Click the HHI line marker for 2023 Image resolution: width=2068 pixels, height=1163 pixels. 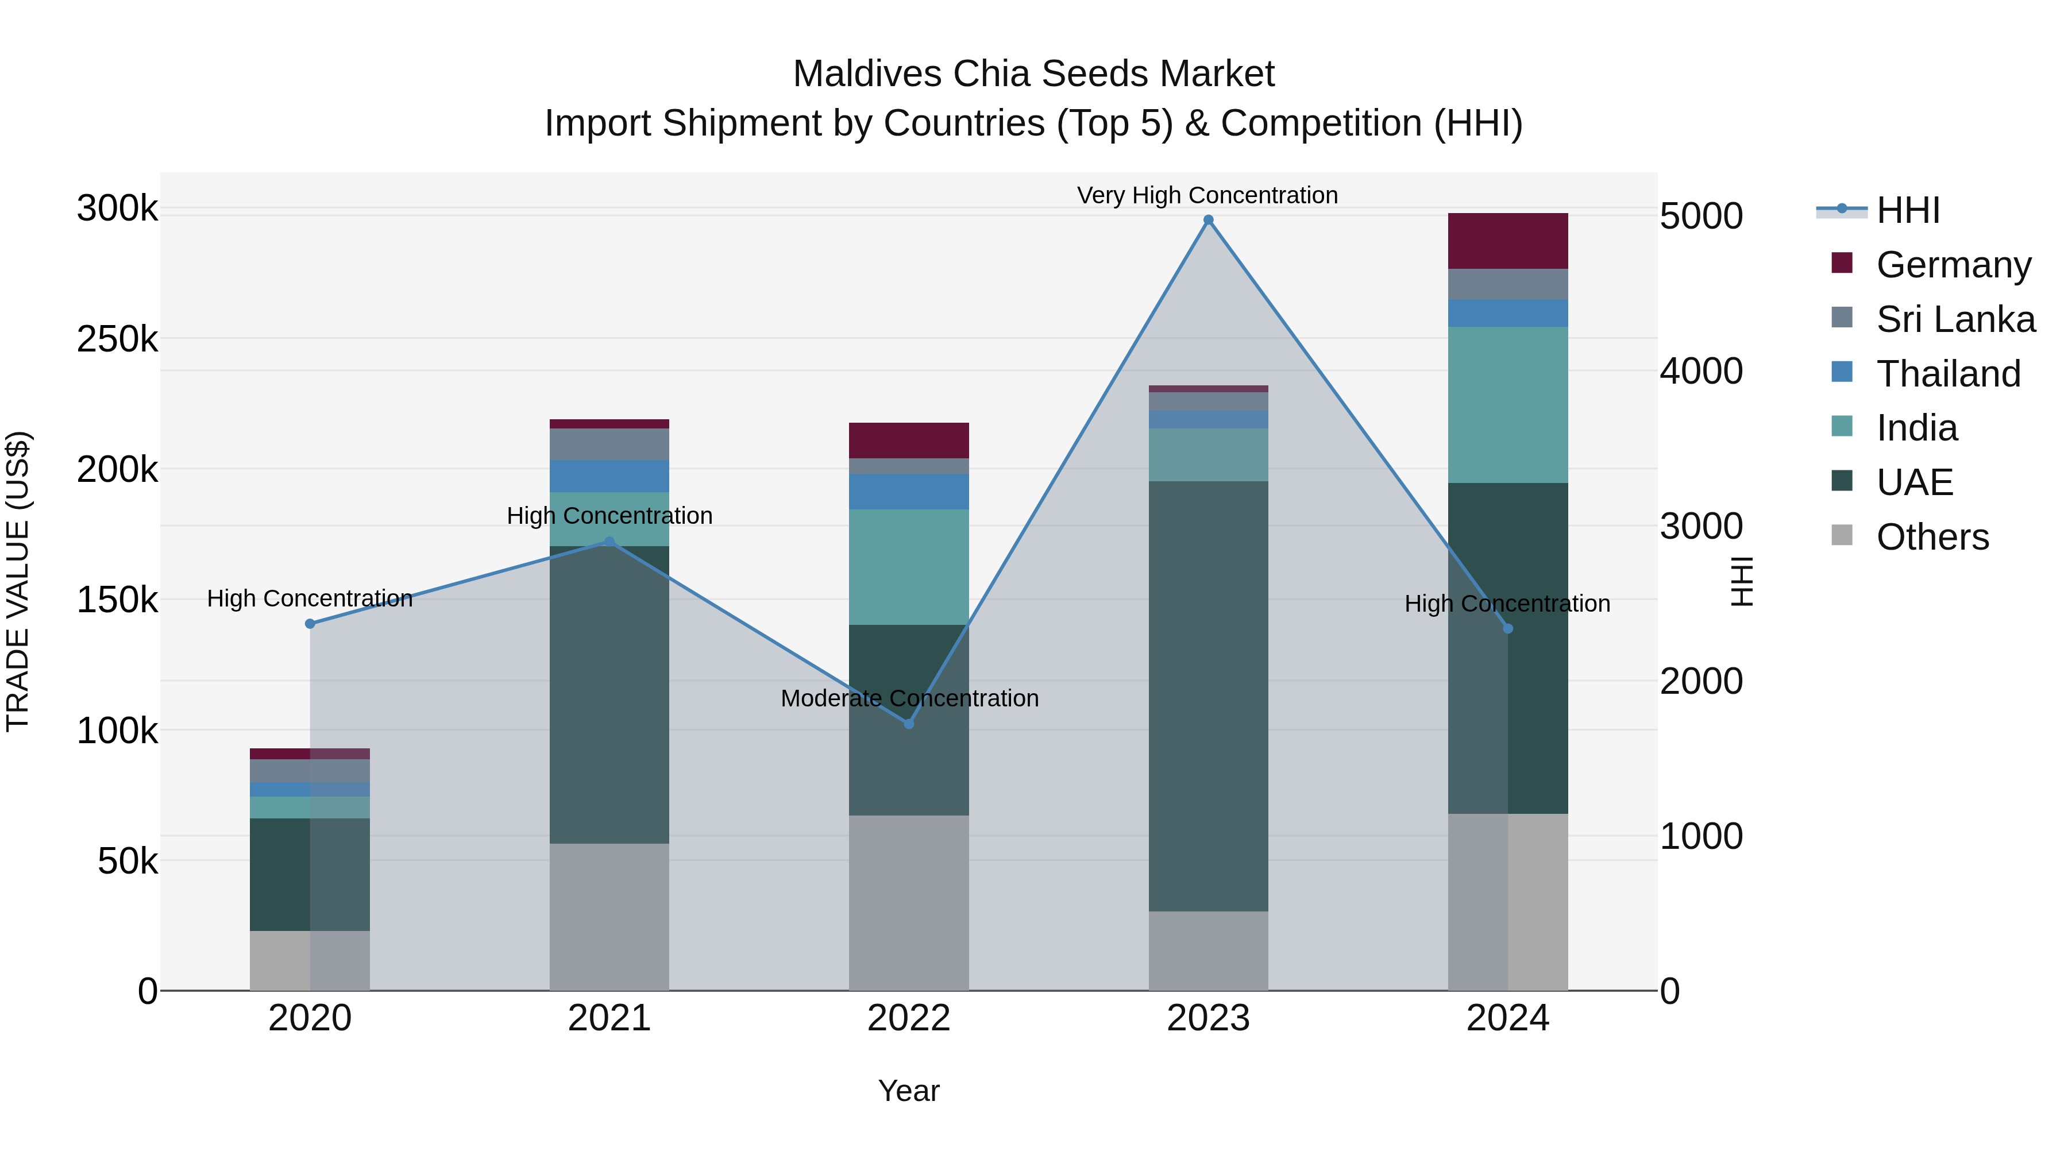coord(1208,220)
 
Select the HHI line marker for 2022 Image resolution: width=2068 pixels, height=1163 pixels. coord(909,724)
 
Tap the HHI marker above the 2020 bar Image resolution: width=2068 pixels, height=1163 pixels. coord(310,624)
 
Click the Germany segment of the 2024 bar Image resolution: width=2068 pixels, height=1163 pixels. coord(1508,241)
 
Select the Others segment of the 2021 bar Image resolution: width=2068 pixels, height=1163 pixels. coord(609,917)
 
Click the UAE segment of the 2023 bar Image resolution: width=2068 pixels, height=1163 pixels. coord(1208,696)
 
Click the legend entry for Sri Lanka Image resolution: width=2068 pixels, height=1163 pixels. coord(1955,319)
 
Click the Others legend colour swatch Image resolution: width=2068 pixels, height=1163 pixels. coord(1842,535)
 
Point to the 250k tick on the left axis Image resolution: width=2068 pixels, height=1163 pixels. coord(117,339)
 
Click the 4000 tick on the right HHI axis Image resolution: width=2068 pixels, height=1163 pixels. coord(1701,371)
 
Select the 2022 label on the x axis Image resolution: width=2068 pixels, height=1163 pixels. coord(909,1018)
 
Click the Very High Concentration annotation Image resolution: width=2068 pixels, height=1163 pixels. coord(1207,195)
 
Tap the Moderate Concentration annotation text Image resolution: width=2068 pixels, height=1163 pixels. coord(909,698)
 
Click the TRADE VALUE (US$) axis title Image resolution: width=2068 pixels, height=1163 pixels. coord(18,581)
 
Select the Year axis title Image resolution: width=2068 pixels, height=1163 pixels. coord(909,1091)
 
